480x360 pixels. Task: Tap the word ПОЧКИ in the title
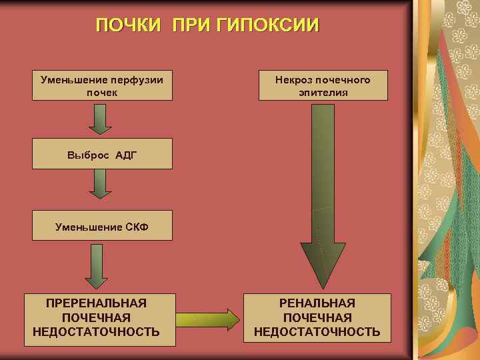coord(128,25)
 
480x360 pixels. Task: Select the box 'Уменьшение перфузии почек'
coord(102,85)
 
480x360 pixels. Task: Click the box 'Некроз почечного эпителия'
coord(323,85)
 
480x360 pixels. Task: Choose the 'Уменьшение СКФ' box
coord(102,227)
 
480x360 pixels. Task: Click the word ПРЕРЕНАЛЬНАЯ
coord(96,303)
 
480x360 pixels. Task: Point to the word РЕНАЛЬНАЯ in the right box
coord(317,303)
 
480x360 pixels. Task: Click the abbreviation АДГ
coord(126,155)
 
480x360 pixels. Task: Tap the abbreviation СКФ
coord(136,227)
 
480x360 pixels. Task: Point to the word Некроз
coord(294,79)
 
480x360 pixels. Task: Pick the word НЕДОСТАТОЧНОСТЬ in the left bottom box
coord(96,332)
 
